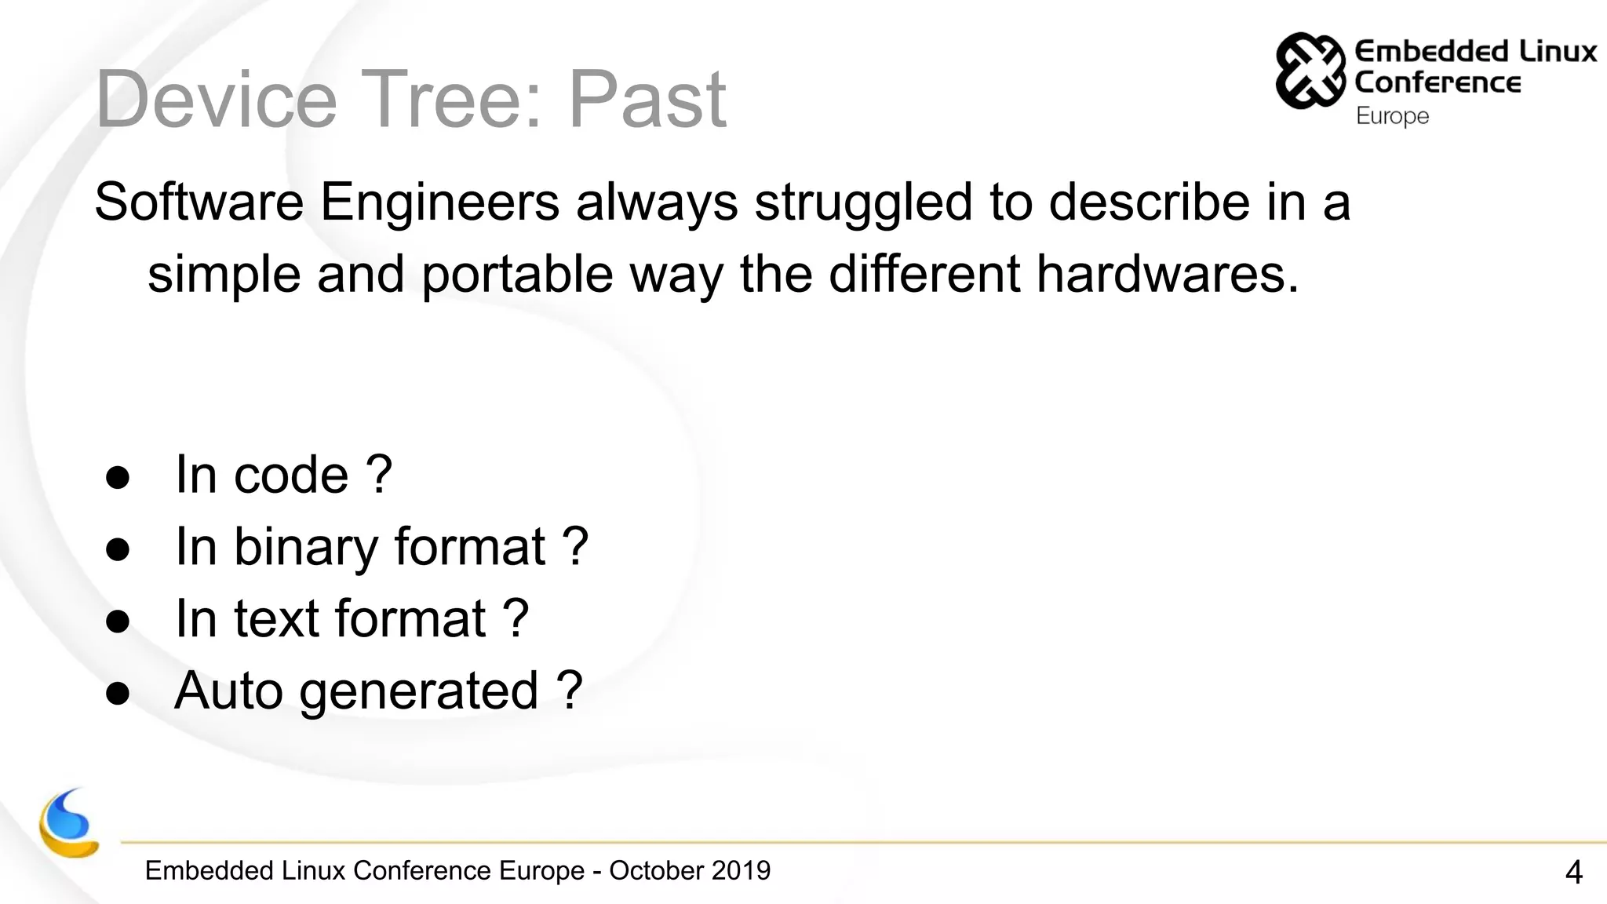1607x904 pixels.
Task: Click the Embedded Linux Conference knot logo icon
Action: (x=1310, y=70)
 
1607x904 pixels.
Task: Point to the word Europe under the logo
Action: (x=1392, y=116)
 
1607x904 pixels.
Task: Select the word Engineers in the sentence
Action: (x=439, y=202)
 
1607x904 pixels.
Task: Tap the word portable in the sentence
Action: (x=517, y=275)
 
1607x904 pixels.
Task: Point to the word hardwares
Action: (x=1167, y=274)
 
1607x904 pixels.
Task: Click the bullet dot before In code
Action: (x=118, y=477)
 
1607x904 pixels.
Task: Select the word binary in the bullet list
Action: (x=306, y=547)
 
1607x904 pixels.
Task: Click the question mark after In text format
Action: (x=515, y=619)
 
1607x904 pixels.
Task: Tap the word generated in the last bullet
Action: (x=418, y=692)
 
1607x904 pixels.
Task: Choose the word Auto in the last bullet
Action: (x=228, y=691)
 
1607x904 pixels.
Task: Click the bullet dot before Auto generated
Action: (x=118, y=694)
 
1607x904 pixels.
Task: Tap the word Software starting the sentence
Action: (x=199, y=202)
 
